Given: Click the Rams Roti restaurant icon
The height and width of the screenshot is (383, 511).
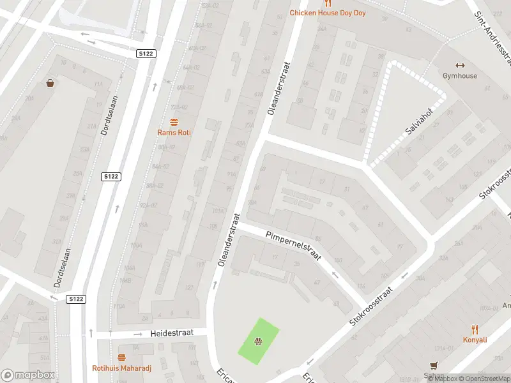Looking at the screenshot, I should point(174,121).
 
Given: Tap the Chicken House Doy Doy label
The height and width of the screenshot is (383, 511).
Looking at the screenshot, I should point(328,13).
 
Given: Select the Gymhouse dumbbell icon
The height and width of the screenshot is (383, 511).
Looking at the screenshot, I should point(459,65).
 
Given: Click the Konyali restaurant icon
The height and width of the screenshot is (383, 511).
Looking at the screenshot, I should point(475,329).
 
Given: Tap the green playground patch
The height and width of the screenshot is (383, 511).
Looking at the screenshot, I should point(259,338).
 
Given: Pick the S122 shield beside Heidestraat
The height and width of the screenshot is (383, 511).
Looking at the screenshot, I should point(77,299).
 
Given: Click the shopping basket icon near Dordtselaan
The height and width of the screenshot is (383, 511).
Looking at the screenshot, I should point(50,83).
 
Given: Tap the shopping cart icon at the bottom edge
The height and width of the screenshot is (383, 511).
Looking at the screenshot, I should point(434,366).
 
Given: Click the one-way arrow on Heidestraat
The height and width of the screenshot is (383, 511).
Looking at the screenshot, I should point(137,334).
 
